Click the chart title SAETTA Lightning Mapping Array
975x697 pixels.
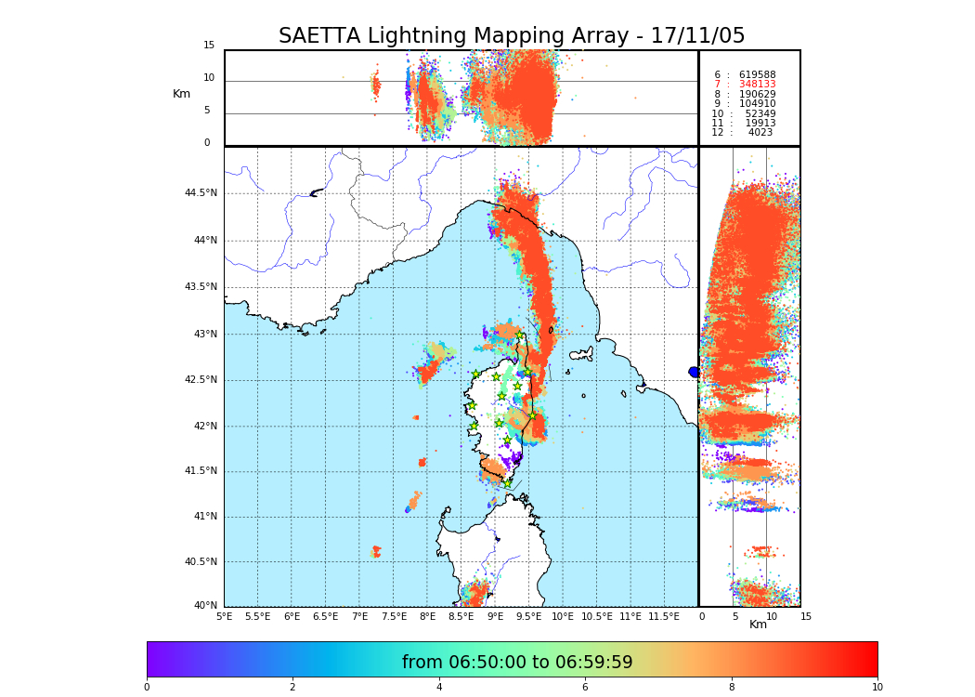coord(512,36)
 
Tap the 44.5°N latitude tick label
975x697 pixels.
coord(201,193)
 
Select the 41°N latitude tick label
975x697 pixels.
coord(203,517)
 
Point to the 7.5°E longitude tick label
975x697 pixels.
coord(394,616)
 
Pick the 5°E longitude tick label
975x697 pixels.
coord(225,616)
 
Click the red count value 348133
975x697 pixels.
coord(757,85)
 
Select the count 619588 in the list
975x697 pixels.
coord(757,75)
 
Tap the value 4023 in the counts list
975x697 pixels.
coord(760,133)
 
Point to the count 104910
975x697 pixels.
coord(757,104)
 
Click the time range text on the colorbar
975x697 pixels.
coord(517,663)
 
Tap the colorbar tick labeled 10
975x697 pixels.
coord(877,688)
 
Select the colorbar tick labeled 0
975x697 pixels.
coord(147,688)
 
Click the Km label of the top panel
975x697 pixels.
coord(181,94)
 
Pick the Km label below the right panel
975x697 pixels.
coord(758,625)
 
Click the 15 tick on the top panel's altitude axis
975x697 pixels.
coord(209,46)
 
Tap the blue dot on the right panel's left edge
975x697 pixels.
coord(694,372)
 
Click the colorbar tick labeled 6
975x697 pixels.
coord(585,688)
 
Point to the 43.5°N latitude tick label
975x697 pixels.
coord(201,287)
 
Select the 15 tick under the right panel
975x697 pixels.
coord(806,616)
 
